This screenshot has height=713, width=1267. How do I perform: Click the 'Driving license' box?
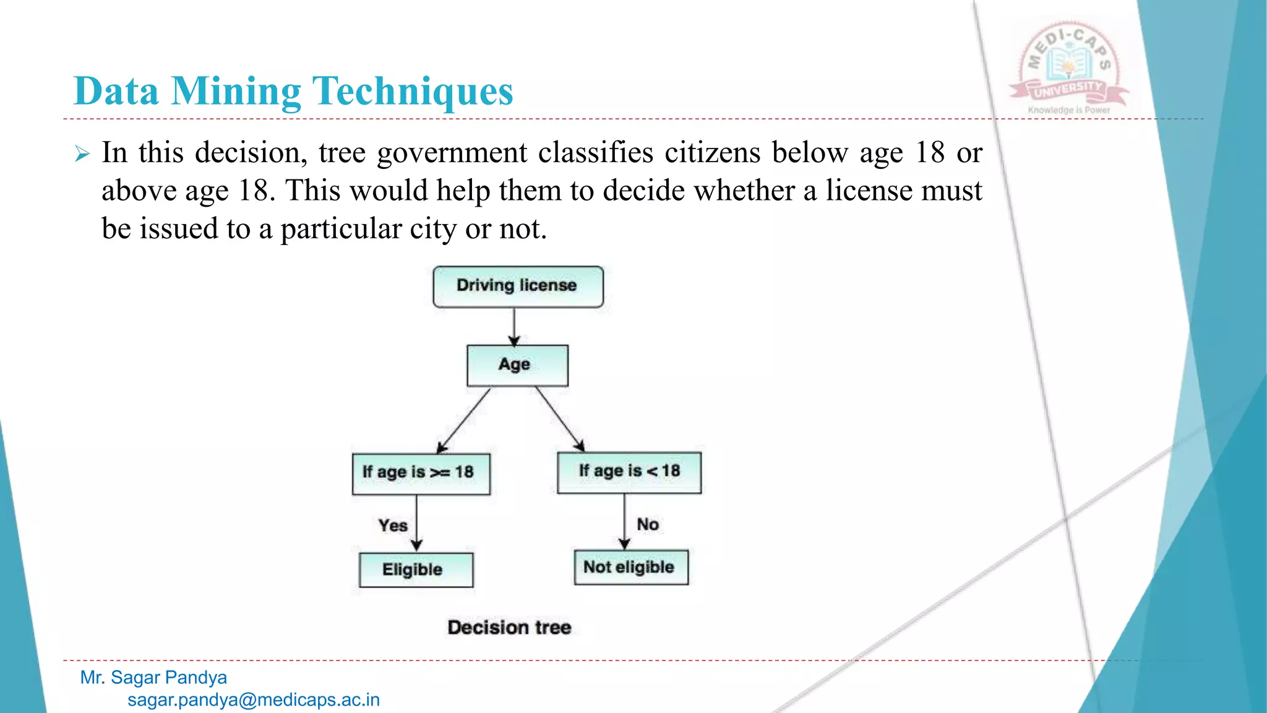coord(518,287)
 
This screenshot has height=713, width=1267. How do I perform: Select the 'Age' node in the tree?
coord(517,365)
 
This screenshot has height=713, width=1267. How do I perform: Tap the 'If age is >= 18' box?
coord(421,473)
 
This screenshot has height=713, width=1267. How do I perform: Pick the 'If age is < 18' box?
coord(629,472)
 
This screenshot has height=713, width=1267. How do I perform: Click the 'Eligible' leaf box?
coord(416,569)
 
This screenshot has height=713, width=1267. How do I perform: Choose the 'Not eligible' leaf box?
coord(631,567)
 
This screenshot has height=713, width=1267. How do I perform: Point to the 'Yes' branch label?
coord(393,525)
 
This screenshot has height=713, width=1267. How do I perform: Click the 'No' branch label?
coord(648,524)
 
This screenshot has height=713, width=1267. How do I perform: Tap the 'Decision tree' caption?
coord(509,627)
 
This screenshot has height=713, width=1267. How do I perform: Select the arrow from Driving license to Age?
coord(514,326)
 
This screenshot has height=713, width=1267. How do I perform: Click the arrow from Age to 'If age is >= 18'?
coord(464,420)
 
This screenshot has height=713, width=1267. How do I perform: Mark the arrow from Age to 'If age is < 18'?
coord(559,419)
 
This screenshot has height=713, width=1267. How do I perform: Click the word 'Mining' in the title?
coord(236,92)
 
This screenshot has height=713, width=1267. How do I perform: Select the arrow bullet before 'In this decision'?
coord(82,153)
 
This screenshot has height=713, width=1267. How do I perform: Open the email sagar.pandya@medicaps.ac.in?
coord(254,700)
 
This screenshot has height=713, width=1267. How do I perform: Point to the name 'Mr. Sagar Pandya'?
coord(153,678)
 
